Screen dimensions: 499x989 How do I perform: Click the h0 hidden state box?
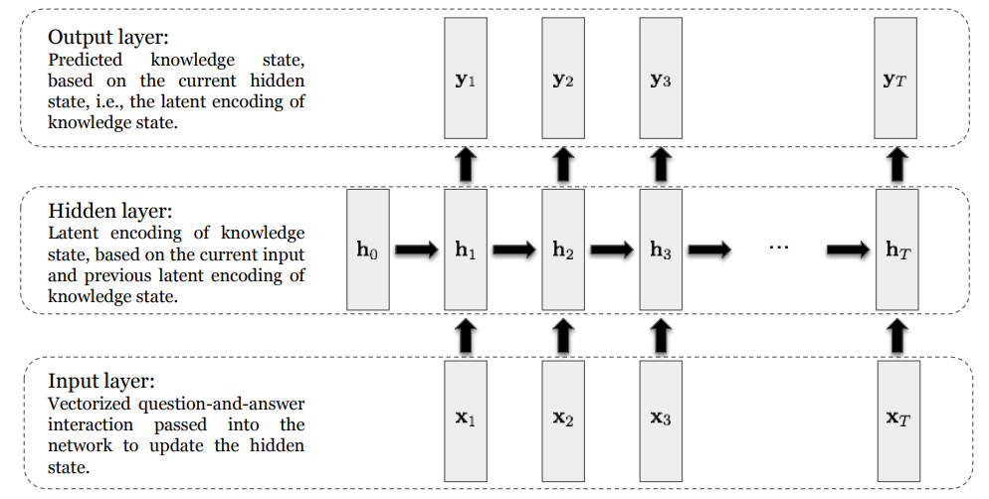coord(367,250)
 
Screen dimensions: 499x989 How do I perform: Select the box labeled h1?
coord(465,250)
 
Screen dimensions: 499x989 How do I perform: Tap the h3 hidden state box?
coord(661,250)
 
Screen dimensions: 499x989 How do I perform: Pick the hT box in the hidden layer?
coord(897,250)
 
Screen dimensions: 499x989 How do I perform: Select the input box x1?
coord(465,418)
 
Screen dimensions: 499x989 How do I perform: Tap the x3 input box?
coord(661,418)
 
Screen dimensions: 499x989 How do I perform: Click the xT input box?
coord(898,418)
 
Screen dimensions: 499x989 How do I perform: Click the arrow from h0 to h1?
coord(416,251)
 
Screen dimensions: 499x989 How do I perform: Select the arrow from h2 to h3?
coord(612,251)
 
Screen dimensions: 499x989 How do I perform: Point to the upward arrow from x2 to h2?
coord(563,336)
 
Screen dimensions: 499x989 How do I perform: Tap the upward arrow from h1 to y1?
coord(465,163)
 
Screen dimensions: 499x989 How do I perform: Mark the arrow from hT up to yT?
coord(897,163)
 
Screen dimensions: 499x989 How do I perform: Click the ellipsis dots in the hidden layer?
coord(779,245)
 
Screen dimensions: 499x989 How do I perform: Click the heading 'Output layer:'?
coord(108,38)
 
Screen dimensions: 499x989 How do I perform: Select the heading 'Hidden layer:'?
coord(110,212)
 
